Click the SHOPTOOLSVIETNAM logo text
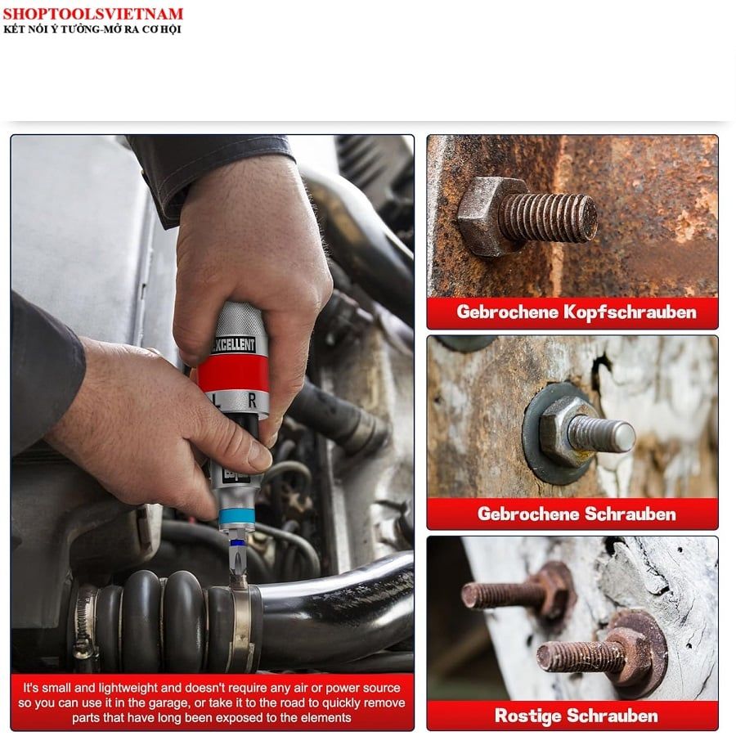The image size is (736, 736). [92, 14]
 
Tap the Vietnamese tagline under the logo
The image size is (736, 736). [92, 29]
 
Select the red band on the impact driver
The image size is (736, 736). [233, 374]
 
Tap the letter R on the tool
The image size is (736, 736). [252, 401]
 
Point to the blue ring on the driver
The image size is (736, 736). [236, 517]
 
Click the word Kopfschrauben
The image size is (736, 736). [630, 312]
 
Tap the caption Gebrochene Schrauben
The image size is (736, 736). [577, 514]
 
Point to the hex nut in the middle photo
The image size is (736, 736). [566, 430]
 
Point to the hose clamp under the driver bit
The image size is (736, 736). [242, 620]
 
